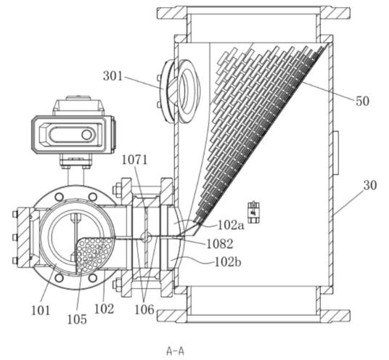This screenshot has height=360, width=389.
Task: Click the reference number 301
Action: click(113, 76)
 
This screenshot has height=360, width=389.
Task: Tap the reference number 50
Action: click(362, 101)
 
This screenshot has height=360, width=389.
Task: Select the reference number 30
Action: click(370, 185)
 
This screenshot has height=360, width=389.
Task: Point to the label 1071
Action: click(134, 160)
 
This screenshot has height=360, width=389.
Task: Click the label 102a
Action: click(231, 225)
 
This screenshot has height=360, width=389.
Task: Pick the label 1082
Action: click(220, 244)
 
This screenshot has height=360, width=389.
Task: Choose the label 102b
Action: click(227, 262)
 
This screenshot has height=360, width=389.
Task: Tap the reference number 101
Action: click(41, 311)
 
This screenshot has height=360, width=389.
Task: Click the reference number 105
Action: click(77, 319)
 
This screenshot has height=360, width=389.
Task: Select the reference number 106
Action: click(144, 309)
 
